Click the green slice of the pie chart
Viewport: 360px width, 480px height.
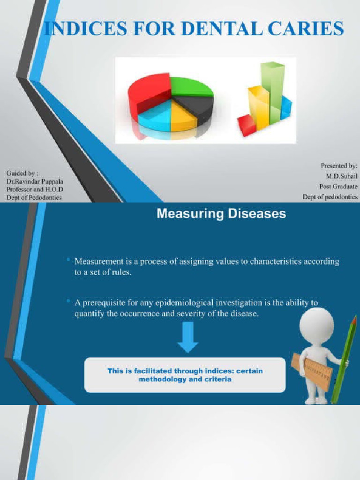(191, 87)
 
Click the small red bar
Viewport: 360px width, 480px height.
(247, 125)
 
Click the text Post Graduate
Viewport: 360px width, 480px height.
(338, 186)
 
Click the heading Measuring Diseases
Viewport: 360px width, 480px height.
(221, 214)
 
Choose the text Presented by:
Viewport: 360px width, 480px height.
(339, 165)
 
